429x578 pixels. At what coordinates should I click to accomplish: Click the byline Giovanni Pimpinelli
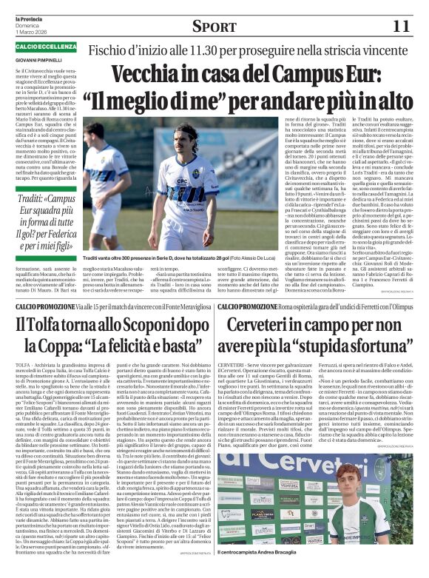coord(41,58)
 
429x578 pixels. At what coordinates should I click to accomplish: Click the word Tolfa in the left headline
coord(51,323)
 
